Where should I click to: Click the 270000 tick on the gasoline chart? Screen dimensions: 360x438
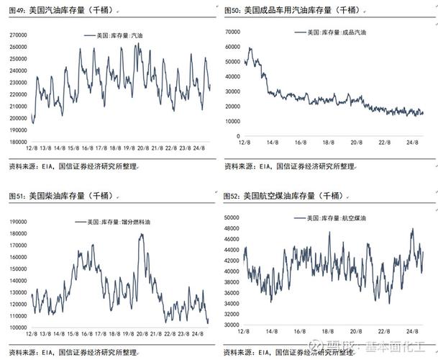tap(18, 35)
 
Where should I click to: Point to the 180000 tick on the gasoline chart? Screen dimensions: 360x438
tap(18, 142)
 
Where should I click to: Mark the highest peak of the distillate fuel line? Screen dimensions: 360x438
tap(141, 235)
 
